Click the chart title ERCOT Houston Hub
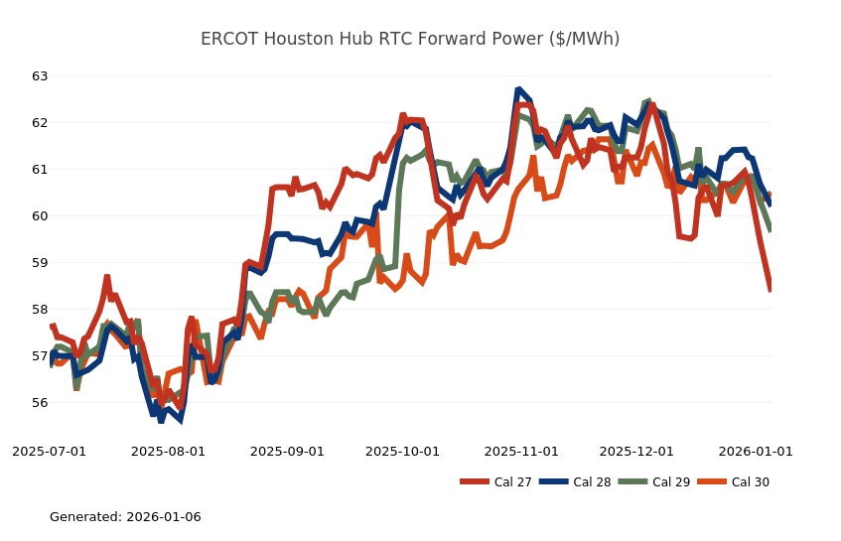point(410,39)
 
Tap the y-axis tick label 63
point(40,76)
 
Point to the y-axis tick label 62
point(40,123)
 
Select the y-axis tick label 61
point(40,170)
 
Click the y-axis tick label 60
point(40,216)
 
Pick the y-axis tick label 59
point(40,263)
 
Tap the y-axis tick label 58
point(40,310)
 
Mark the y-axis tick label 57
point(40,356)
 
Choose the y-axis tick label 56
point(40,403)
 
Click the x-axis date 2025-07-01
point(50,452)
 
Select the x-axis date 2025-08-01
point(169,452)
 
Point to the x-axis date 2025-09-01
point(288,452)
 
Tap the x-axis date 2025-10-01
point(403,452)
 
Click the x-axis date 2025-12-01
point(637,452)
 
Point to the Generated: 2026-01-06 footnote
point(125,517)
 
